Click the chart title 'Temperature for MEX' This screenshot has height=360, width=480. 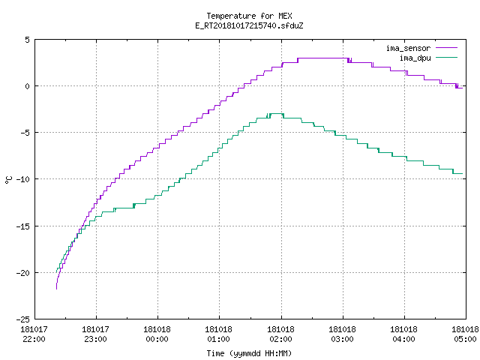click(x=249, y=16)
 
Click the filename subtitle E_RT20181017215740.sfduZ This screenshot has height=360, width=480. click(x=249, y=25)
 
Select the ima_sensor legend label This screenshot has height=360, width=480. click(x=408, y=48)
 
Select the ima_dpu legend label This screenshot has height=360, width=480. click(x=415, y=58)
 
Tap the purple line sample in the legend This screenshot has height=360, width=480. click(x=446, y=48)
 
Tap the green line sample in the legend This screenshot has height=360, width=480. click(x=446, y=57)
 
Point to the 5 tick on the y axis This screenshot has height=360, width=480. click(x=28, y=40)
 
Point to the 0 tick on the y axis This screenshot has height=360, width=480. click(x=28, y=86)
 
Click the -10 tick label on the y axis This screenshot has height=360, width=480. click(x=23, y=179)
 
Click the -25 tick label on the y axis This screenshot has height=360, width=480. click(x=23, y=319)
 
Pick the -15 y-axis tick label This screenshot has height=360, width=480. click(x=23, y=226)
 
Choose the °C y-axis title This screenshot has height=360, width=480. click(x=8, y=180)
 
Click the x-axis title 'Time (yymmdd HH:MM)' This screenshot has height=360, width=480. click(x=249, y=353)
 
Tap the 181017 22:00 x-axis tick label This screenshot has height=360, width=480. click(x=34, y=334)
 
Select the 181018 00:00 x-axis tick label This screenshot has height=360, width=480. click(x=157, y=334)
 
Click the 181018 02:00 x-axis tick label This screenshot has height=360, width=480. click(x=280, y=334)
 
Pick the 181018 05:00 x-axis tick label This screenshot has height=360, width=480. click(x=465, y=334)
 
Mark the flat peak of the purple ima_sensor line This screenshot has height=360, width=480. click(x=323, y=58)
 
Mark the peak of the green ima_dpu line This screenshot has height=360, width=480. click(x=277, y=113)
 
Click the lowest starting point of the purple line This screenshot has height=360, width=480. click(x=57, y=289)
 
